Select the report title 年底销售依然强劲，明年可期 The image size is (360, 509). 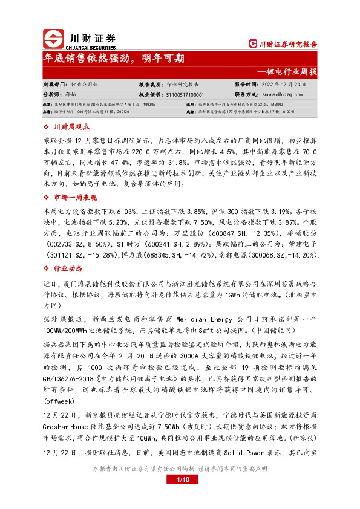tap(114, 59)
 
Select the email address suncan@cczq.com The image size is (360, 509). tap(280, 94)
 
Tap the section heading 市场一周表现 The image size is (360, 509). tap(75, 198)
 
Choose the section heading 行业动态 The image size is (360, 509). tap(67, 268)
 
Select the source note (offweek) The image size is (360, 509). tap(59, 401)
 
